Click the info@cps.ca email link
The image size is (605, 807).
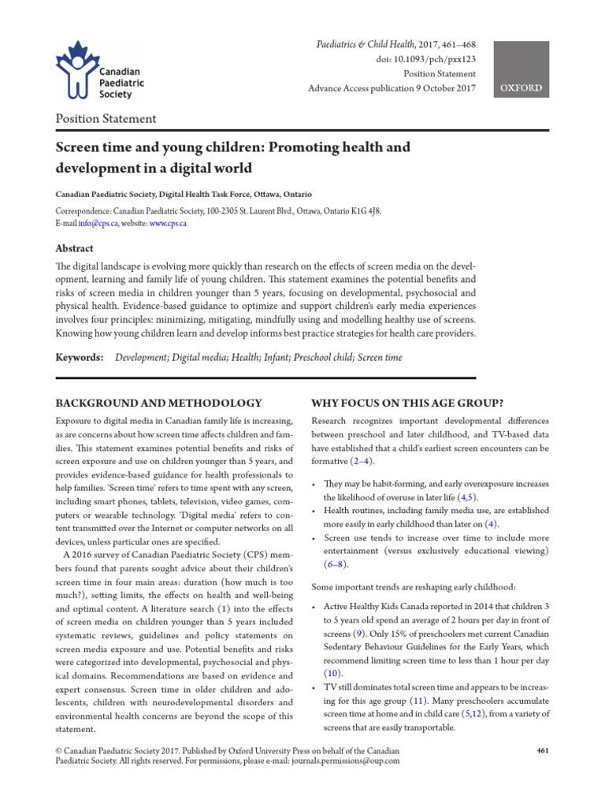pos(102,224)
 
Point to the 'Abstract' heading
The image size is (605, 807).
pos(73,247)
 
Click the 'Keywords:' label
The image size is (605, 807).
pos(79,357)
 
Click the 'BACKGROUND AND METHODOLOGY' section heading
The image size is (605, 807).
pos(158,402)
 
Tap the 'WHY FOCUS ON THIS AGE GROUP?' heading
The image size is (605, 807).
pos(409,402)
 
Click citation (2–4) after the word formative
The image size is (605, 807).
pos(363,461)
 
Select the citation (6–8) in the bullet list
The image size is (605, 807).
pos(335,565)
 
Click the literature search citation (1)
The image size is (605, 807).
pos(224,608)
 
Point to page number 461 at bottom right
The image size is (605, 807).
pos(542,750)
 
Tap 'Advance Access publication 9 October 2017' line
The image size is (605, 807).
pos(392,88)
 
